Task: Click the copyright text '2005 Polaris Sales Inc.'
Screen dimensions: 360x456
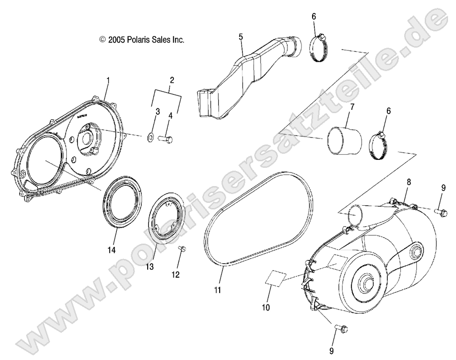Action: point(142,40)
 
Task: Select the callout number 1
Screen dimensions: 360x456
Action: point(108,80)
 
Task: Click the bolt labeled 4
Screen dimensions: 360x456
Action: point(166,138)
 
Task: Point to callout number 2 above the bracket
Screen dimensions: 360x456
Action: point(172,80)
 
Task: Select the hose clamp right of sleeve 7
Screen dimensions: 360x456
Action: point(382,141)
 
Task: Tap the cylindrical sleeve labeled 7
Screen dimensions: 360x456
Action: point(345,140)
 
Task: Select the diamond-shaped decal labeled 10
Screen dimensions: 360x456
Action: point(275,279)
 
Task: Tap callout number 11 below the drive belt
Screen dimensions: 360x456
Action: point(218,290)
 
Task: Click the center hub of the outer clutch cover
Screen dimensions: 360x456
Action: point(365,282)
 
